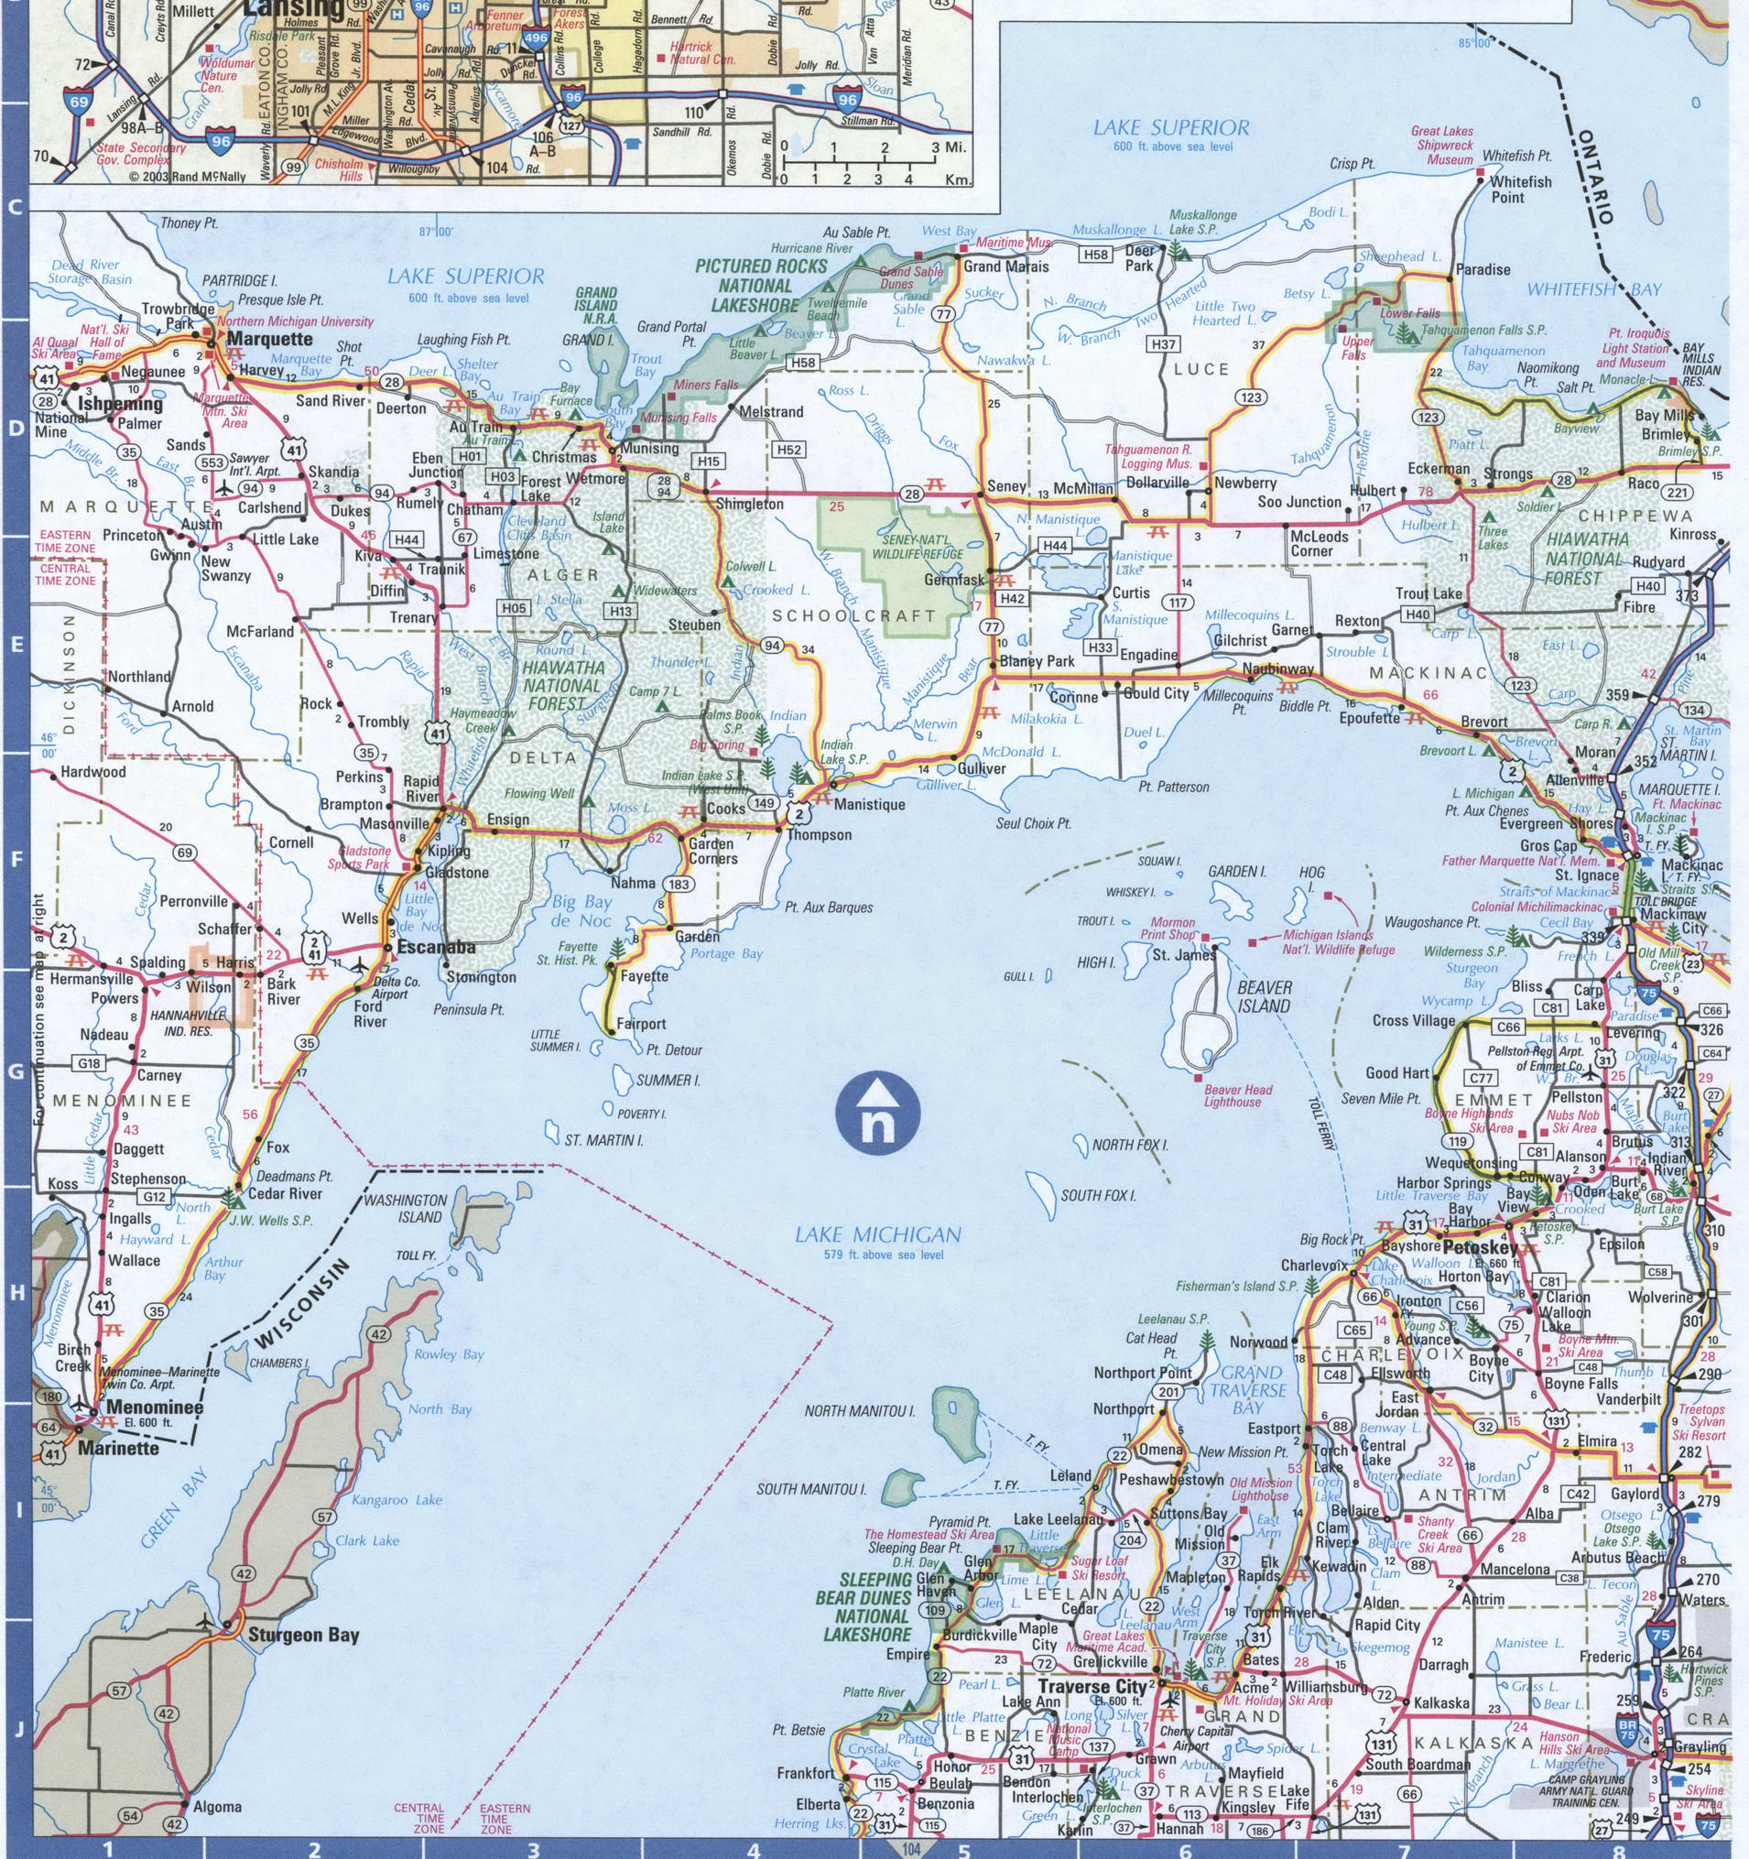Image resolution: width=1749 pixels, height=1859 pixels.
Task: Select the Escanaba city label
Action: [436, 947]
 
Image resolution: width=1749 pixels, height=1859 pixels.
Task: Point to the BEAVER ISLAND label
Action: [1265, 997]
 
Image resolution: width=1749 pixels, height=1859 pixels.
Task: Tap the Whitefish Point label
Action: [1520, 190]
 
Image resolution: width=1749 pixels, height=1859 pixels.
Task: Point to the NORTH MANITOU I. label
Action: [860, 1411]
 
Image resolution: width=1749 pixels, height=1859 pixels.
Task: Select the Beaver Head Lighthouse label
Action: [1237, 1096]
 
